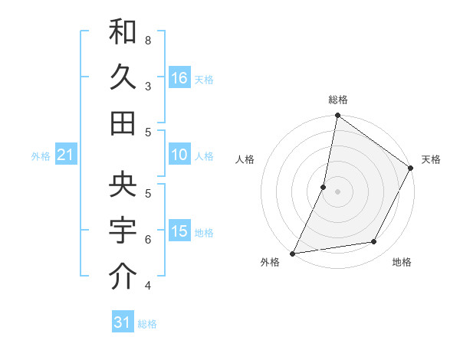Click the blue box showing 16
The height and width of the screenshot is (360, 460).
pos(179,77)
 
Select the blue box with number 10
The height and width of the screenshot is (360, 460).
pos(179,155)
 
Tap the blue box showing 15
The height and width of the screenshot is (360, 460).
pos(179,231)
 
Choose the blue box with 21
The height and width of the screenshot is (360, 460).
pos(66,155)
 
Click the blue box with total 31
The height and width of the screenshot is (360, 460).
pos(123,322)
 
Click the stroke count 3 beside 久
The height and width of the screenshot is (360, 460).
pos(148,86)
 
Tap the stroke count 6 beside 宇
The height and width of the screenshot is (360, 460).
pos(148,239)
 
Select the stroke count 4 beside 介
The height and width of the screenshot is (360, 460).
pos(148,286)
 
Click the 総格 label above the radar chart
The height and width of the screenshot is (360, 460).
pos(338,100)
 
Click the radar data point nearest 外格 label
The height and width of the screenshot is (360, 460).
pos(293,254)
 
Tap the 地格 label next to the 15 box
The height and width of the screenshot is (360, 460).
pos(205,233)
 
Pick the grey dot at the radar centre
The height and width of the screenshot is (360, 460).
pos(337,191)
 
